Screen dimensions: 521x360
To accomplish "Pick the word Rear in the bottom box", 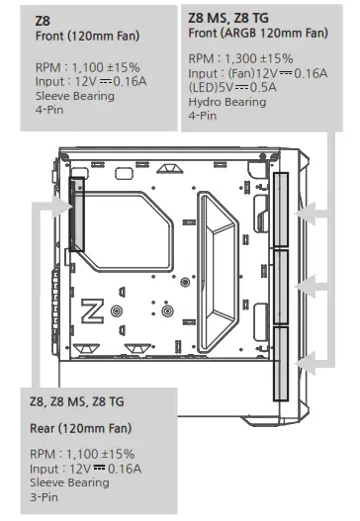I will point(45,428).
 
